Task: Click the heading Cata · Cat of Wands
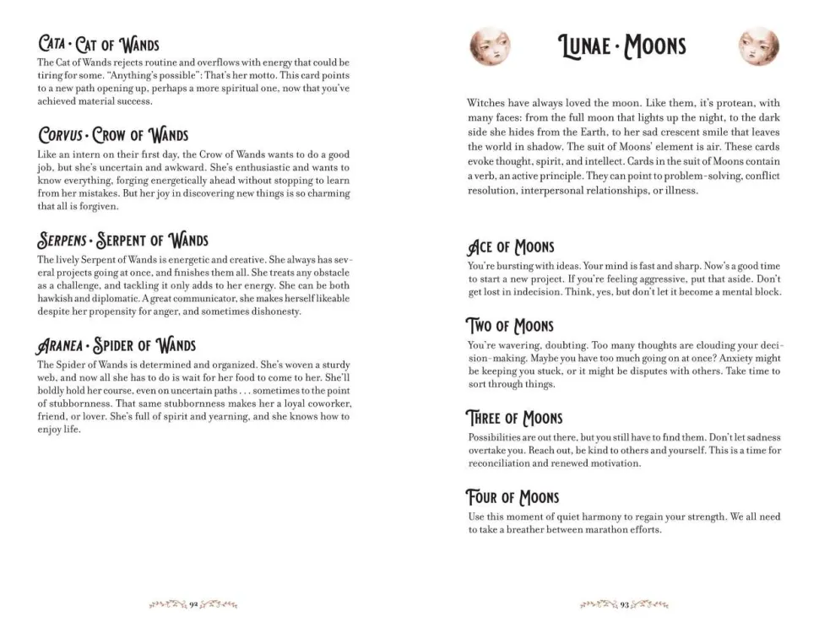point(98,43)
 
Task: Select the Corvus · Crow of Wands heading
point(113,135)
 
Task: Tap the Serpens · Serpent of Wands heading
point(123,241)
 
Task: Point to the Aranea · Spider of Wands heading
point(117,344)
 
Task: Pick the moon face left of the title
point(490,46)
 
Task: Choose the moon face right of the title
point(759,46)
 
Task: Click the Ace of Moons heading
point(511,246)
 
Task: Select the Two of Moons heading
point(510,326)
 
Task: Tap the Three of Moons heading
point(514,418)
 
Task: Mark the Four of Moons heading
point(513,497)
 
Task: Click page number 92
point(193,604)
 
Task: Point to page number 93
point(625,604)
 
